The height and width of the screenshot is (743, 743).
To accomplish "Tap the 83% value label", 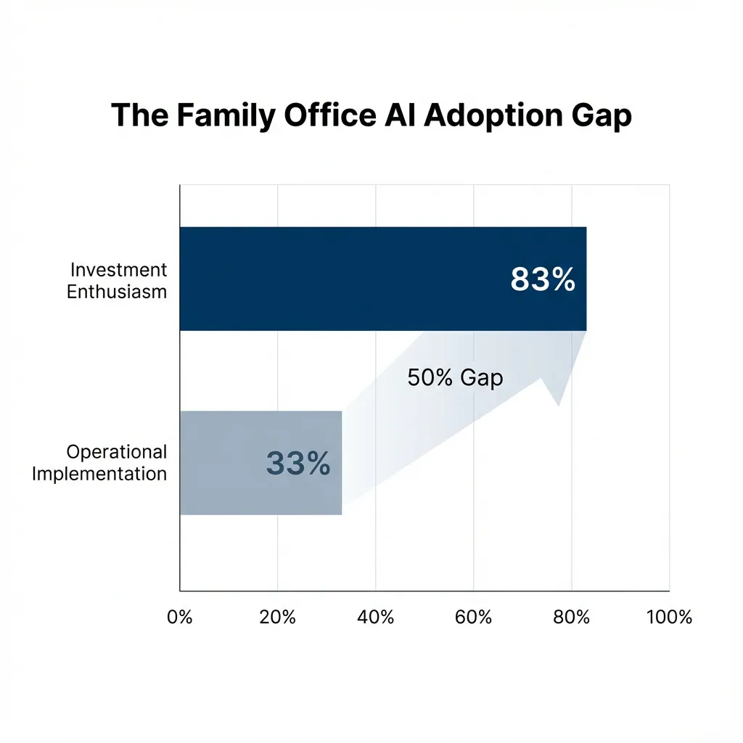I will [x=543, y=279].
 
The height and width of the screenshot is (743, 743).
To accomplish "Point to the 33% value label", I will [x=298, y=463].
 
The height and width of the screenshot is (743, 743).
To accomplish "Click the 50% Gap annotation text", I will [x=455, y=378].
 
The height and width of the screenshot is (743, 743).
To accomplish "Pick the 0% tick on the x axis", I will [x=179, y=617].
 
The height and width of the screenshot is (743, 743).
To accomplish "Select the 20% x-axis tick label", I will [x=277, y=617].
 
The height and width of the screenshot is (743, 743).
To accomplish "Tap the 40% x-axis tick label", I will [x=375, y=617].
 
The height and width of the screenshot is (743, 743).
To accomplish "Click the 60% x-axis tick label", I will [x=473, y=617].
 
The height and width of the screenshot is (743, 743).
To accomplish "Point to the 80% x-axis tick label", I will [x=572, y=617].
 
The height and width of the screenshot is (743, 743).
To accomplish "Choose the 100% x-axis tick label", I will [x=668, y=617].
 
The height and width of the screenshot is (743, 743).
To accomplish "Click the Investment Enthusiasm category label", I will [x=118, y=281].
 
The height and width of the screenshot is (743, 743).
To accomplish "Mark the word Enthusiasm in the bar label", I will [x=117, y=292].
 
